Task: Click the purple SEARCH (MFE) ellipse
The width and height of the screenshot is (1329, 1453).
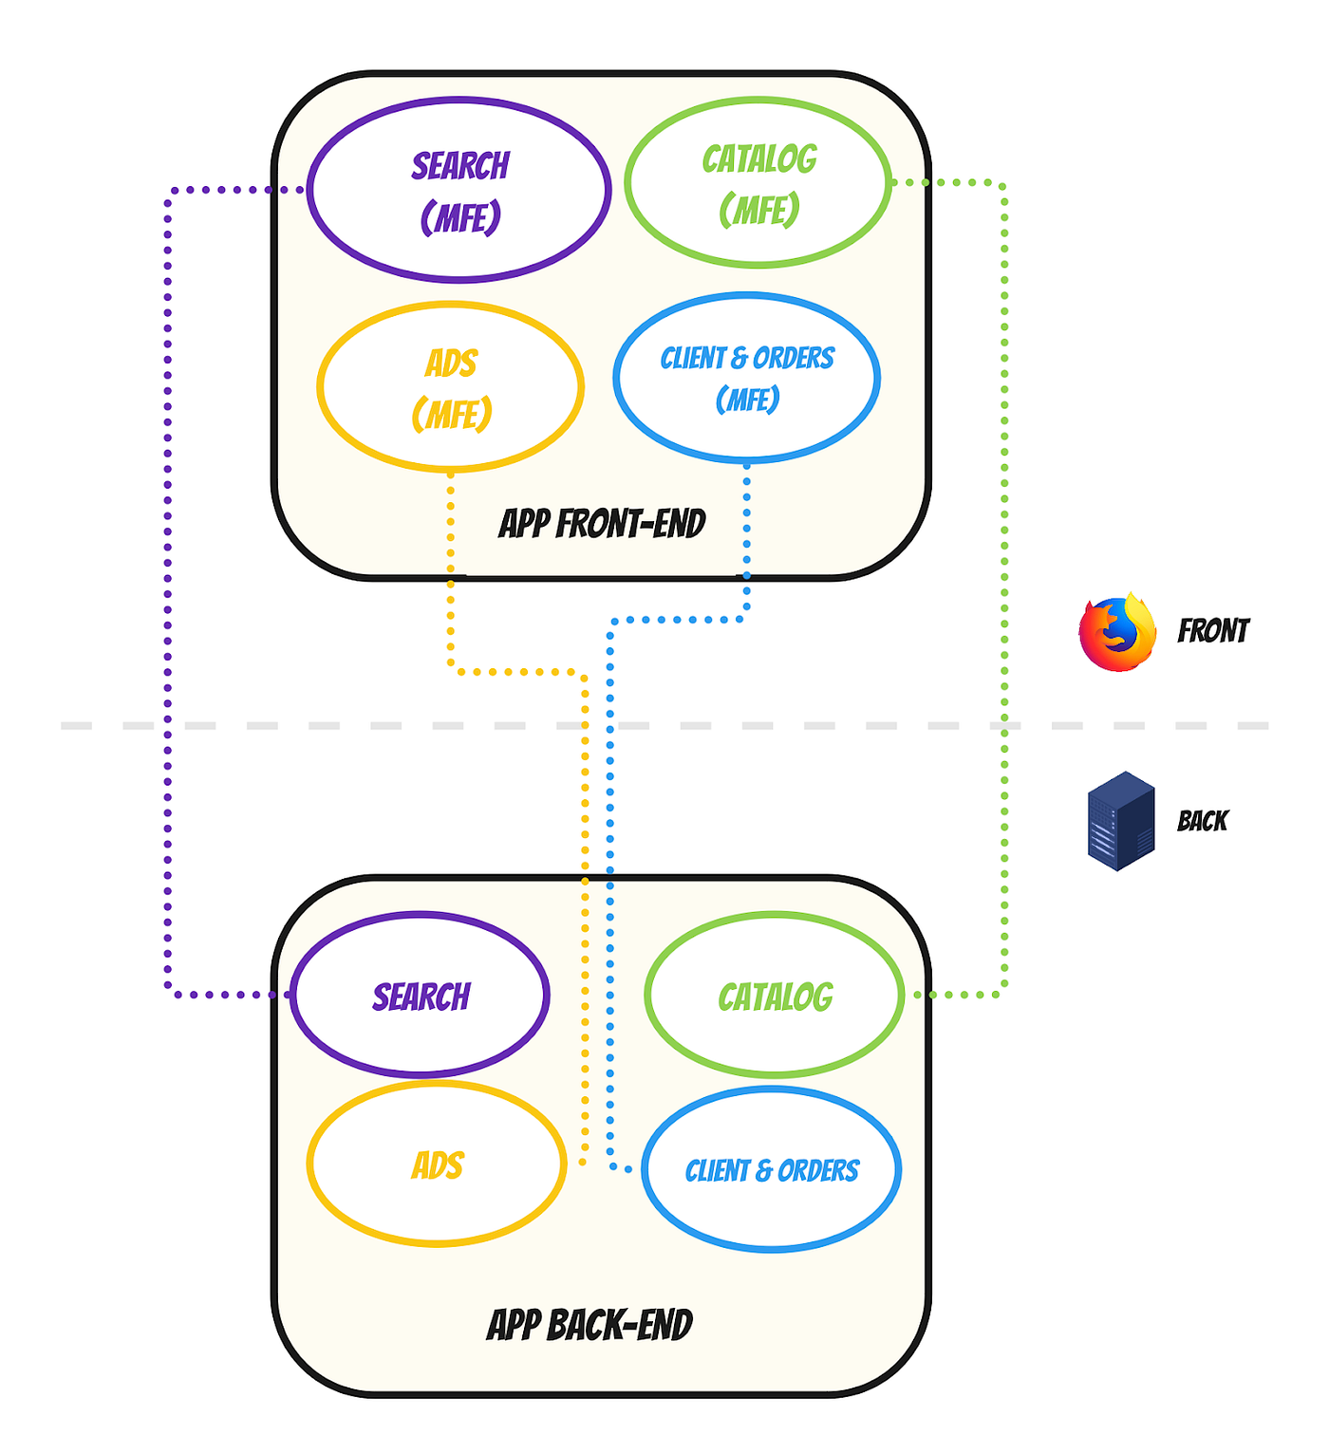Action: tap(459, 190)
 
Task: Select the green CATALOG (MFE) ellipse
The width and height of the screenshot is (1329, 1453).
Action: tap(758, 183)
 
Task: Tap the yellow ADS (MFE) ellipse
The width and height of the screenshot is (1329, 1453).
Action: tap(451, 388)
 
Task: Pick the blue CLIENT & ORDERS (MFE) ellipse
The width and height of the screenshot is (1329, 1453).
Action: tap(747, 378)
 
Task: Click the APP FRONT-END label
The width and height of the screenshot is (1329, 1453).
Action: tap(602, 524)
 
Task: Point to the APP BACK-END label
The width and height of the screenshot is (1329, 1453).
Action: tap(590, 1325)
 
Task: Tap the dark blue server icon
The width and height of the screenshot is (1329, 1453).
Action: tap(1121, 821)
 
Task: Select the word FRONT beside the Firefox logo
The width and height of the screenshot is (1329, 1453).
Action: tap(1212, 631)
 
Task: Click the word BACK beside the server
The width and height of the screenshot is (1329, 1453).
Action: tap(1202, 821)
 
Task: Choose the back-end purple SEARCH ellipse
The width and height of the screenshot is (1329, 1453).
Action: tap(421, 996)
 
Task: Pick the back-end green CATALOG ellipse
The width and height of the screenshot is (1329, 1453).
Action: tap(775, 996)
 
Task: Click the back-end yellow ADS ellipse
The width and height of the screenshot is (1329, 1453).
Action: tap(437, 1164)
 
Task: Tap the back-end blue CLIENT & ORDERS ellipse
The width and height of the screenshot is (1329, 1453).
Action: tap(771, 1170)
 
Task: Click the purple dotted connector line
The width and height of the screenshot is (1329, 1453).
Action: tap(168, 588)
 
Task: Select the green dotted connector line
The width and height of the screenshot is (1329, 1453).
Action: tap(1004, 588)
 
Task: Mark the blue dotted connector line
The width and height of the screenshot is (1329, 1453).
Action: tap(610, 807)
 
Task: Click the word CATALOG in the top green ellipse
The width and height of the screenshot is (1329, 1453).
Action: tap(759, 159)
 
